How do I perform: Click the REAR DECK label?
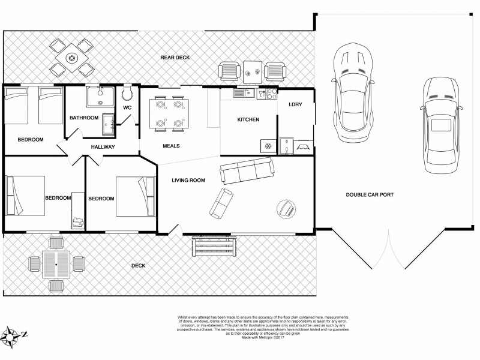tap(175, 58)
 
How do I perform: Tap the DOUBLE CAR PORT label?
tap(370, 194)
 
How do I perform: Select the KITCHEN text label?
tap(248, 120)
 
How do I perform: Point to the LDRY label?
tap(295, 104)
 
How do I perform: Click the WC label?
tap(127, 108)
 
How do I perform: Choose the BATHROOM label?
tap(83, 118)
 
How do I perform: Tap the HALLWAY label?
tap(103, 147)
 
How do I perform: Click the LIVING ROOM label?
tap(188, 180)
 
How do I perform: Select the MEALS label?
tap(171, 146)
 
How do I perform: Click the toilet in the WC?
tap(127, 94)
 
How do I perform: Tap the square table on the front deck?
tap(56, 264)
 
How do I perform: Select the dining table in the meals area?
tap(169, 113)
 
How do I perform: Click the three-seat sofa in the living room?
tap(247, 172)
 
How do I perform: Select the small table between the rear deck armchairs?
tap(253, 70)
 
